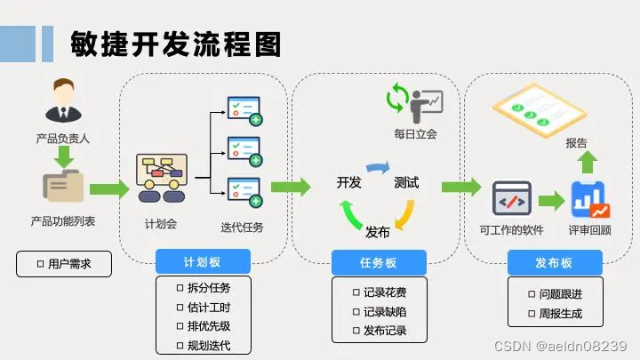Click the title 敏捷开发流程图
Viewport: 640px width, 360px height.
(x=176, y=42)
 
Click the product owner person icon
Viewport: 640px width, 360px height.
(x=62, y=100)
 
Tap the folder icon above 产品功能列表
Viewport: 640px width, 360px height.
(x=62, y=188)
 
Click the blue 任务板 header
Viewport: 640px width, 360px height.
(x=379, y=262)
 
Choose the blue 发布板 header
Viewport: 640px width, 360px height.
(x=555, y=262)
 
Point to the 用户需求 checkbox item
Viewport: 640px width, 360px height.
(x=64, y=264)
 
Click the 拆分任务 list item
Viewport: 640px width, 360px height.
(x=203, y=287)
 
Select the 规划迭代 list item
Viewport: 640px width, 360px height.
(x=203, y=345)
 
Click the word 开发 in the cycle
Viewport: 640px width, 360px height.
(x=349, y=183)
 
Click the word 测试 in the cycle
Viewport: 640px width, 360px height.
(x=406, y=183)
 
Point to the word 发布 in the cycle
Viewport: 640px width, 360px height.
(x=378, y=232)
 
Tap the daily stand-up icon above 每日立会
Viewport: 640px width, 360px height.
(x=414, y=101)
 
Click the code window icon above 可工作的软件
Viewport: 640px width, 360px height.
(x=511, y=199)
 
